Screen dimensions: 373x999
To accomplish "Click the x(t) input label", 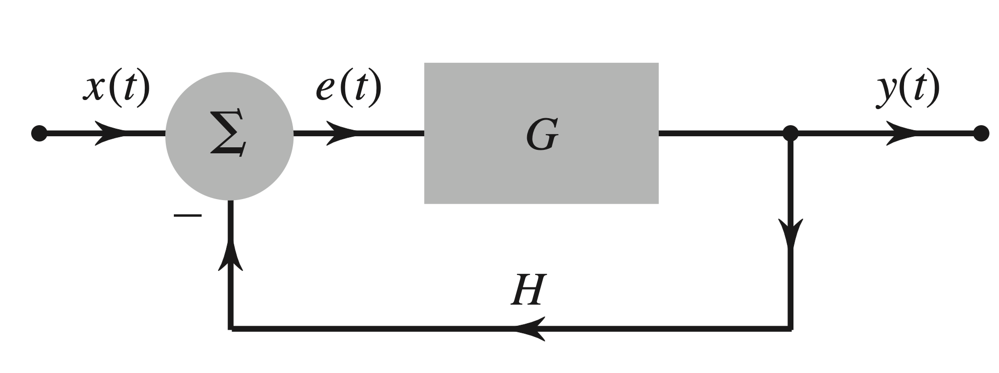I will point(117,89).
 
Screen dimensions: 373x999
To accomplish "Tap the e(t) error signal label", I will point(348,89).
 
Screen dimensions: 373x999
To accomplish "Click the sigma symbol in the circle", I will point(229,133).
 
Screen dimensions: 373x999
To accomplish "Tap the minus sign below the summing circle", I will point(187,216).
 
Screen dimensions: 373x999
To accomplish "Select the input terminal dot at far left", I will point(39,134).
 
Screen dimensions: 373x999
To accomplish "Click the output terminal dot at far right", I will point(980,134).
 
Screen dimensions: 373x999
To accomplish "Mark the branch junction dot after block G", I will point(791,134).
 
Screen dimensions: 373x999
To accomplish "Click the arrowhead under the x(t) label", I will point(112,134).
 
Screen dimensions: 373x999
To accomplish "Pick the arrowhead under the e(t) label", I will point(343,134).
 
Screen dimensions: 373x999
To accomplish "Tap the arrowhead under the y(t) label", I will point(902,134).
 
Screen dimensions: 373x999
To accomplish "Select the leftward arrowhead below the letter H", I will point(530,329).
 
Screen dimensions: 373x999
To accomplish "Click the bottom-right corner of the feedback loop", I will point(791,329).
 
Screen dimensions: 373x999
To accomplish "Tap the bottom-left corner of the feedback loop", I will point(231,329).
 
